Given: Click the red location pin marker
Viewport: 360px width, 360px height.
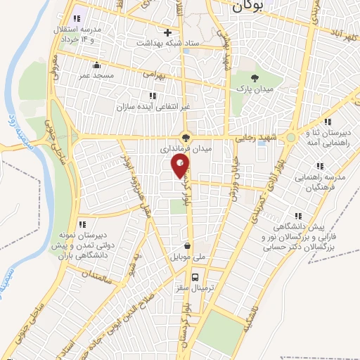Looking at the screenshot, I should pyautogui.click(x=181, y=166).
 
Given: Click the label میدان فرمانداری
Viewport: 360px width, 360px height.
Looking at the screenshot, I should pyautogui.click(x=185, y=150).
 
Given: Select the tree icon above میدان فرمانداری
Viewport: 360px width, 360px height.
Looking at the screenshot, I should pyautogui.click(x=186, y=139).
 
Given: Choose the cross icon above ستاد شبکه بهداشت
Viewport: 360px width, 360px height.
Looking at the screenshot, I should pyautogui.click(x=167, y=32).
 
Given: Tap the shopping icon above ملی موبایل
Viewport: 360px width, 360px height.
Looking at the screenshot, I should pyautogui.click(x=188, y=246).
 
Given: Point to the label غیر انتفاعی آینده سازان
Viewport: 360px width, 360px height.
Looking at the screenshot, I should pyautogui.click(x=152, y=108).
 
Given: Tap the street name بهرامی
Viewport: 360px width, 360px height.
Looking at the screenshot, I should pyautogui.click(x=152, y=72).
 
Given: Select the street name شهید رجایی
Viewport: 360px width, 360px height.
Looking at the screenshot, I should pyautogui.click(x=257, y=138).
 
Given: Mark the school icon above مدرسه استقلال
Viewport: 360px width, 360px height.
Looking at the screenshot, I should pyautogui.click(x=77, y=18).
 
